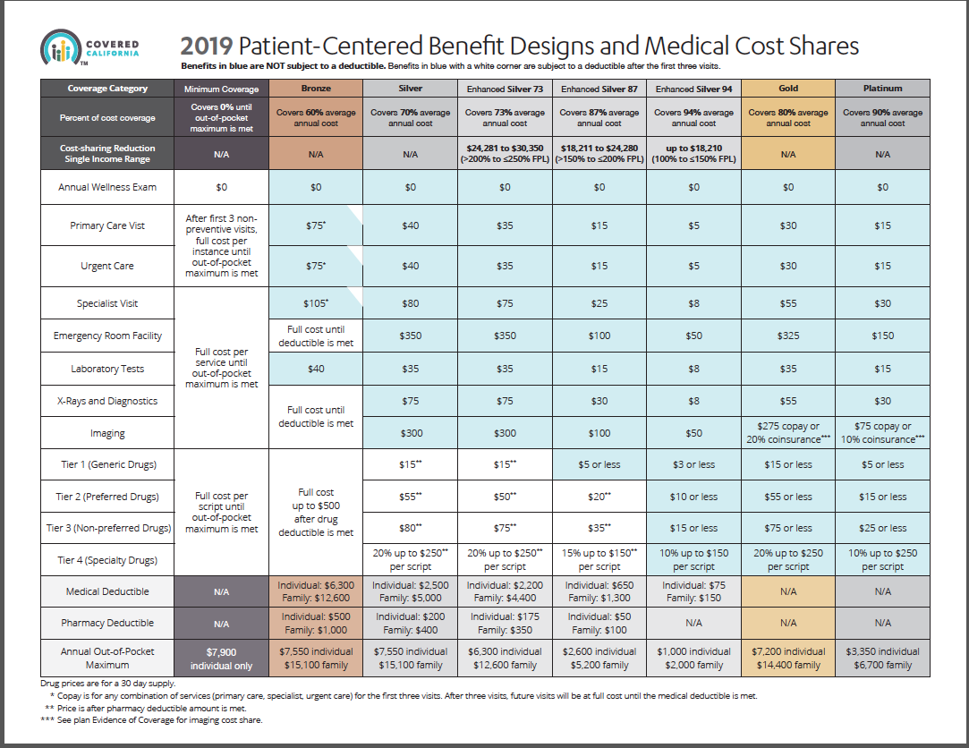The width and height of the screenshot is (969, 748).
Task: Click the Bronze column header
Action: click(x=316, y=89)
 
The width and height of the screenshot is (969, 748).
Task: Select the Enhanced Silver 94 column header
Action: click(x=693, y=89)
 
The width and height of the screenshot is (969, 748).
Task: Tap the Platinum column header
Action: click(x=883, y=89)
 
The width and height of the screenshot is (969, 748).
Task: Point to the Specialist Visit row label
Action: click(x=108, y=303)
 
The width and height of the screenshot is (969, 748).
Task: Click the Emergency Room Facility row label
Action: click(x=108, y=336)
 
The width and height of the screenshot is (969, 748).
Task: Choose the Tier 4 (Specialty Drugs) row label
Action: click(x=108, y=560)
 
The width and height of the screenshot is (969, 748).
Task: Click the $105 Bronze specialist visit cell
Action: click(x=316, y=303)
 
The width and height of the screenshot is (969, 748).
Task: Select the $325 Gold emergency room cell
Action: click(x=788, y=336)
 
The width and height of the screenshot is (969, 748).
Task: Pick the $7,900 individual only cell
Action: click(x=221, y=658)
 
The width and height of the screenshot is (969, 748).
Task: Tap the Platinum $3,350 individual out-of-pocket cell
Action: click(x=883, y=658)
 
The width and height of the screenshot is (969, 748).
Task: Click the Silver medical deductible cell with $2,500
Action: click(x=411, y=591)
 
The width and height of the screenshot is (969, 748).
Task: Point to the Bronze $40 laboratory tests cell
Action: click(x=316, y=369)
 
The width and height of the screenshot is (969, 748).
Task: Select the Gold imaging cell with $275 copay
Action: click(x=788, y=433)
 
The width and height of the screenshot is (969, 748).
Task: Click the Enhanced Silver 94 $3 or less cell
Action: click(x=693, y=464)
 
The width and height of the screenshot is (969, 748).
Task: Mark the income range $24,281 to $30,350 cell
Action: click(x=506, y=153)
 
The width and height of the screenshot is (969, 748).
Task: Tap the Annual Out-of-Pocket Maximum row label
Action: click(x=108, y=658)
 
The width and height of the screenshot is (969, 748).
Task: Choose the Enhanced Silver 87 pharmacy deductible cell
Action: click(x=599, y=623)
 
